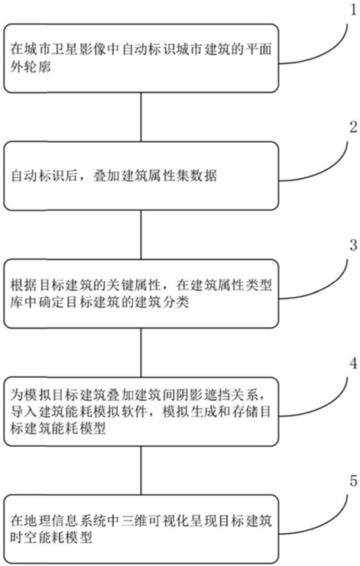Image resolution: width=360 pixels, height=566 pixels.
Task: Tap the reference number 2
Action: point(353,127)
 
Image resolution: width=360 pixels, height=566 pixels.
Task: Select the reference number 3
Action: point(353,245)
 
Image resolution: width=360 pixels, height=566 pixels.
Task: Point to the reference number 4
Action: point(353,363)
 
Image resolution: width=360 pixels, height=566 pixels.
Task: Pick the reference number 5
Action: point(353,480)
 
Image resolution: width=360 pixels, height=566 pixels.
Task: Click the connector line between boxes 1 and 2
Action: point(141,117)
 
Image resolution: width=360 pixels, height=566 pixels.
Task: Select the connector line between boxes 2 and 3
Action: point(141,234)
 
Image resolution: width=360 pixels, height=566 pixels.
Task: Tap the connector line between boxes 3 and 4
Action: point(141,353)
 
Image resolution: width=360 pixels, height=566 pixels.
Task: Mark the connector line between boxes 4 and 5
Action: point(141,471)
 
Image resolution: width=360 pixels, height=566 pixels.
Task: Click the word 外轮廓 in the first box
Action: point(31,67)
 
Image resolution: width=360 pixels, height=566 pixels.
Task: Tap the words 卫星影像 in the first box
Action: point(78,49)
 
